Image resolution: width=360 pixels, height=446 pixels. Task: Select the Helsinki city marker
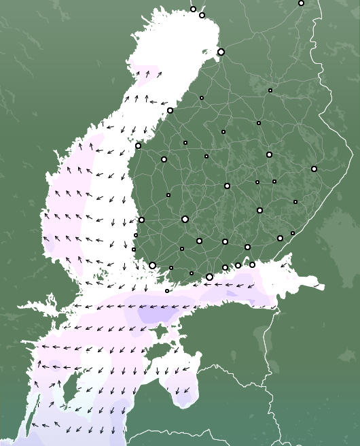(x=209, y=277)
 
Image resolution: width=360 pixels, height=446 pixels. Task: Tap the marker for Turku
(x=153, y=265)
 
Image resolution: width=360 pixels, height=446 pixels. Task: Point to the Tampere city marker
(x=185, y=219)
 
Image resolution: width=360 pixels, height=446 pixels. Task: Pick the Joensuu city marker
(x=314, y=169)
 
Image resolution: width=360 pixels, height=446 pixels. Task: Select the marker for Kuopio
(x=269, y=154)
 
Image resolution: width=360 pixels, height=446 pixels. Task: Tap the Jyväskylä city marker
(x=227, y=186)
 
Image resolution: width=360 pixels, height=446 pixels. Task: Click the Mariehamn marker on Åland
(x=167, y=291)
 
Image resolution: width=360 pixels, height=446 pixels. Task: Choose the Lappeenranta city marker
(x=280, y=238)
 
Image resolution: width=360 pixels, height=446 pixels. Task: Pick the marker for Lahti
(x=225, y=241)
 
